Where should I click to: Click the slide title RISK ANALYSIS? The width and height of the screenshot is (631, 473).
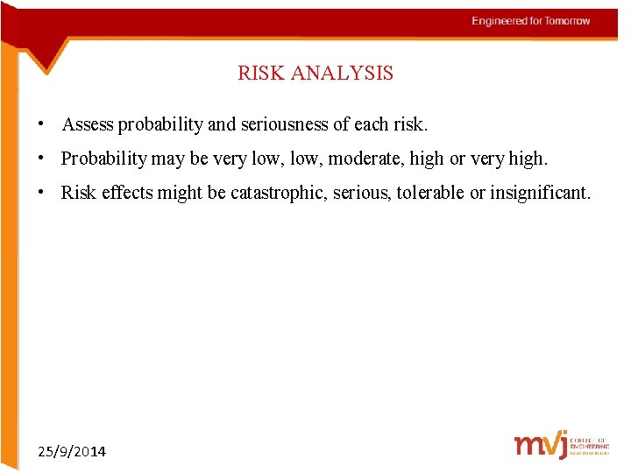click(x=315, y=74)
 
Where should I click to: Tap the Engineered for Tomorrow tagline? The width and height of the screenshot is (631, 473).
click(x=531, y=21)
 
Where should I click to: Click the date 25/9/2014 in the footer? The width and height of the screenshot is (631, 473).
click(x=72, y=452)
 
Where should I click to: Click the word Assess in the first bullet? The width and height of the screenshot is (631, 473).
click(x=88, y=124)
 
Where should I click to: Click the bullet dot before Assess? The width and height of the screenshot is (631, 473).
click(x=41, y=124)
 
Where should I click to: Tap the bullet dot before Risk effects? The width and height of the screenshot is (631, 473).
click(x=41, y=192)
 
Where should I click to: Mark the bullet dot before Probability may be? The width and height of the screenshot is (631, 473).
click(x=41, y=159)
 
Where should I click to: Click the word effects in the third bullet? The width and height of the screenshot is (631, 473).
click(x=127, y=193)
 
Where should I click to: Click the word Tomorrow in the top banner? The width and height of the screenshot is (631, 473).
click(x=568, y=21)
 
